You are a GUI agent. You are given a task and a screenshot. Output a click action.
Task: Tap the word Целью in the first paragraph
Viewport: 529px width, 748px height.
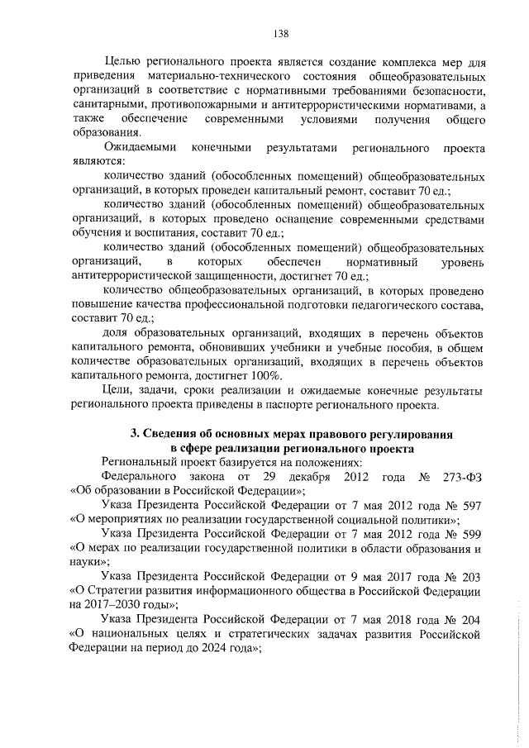click(123, 63)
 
